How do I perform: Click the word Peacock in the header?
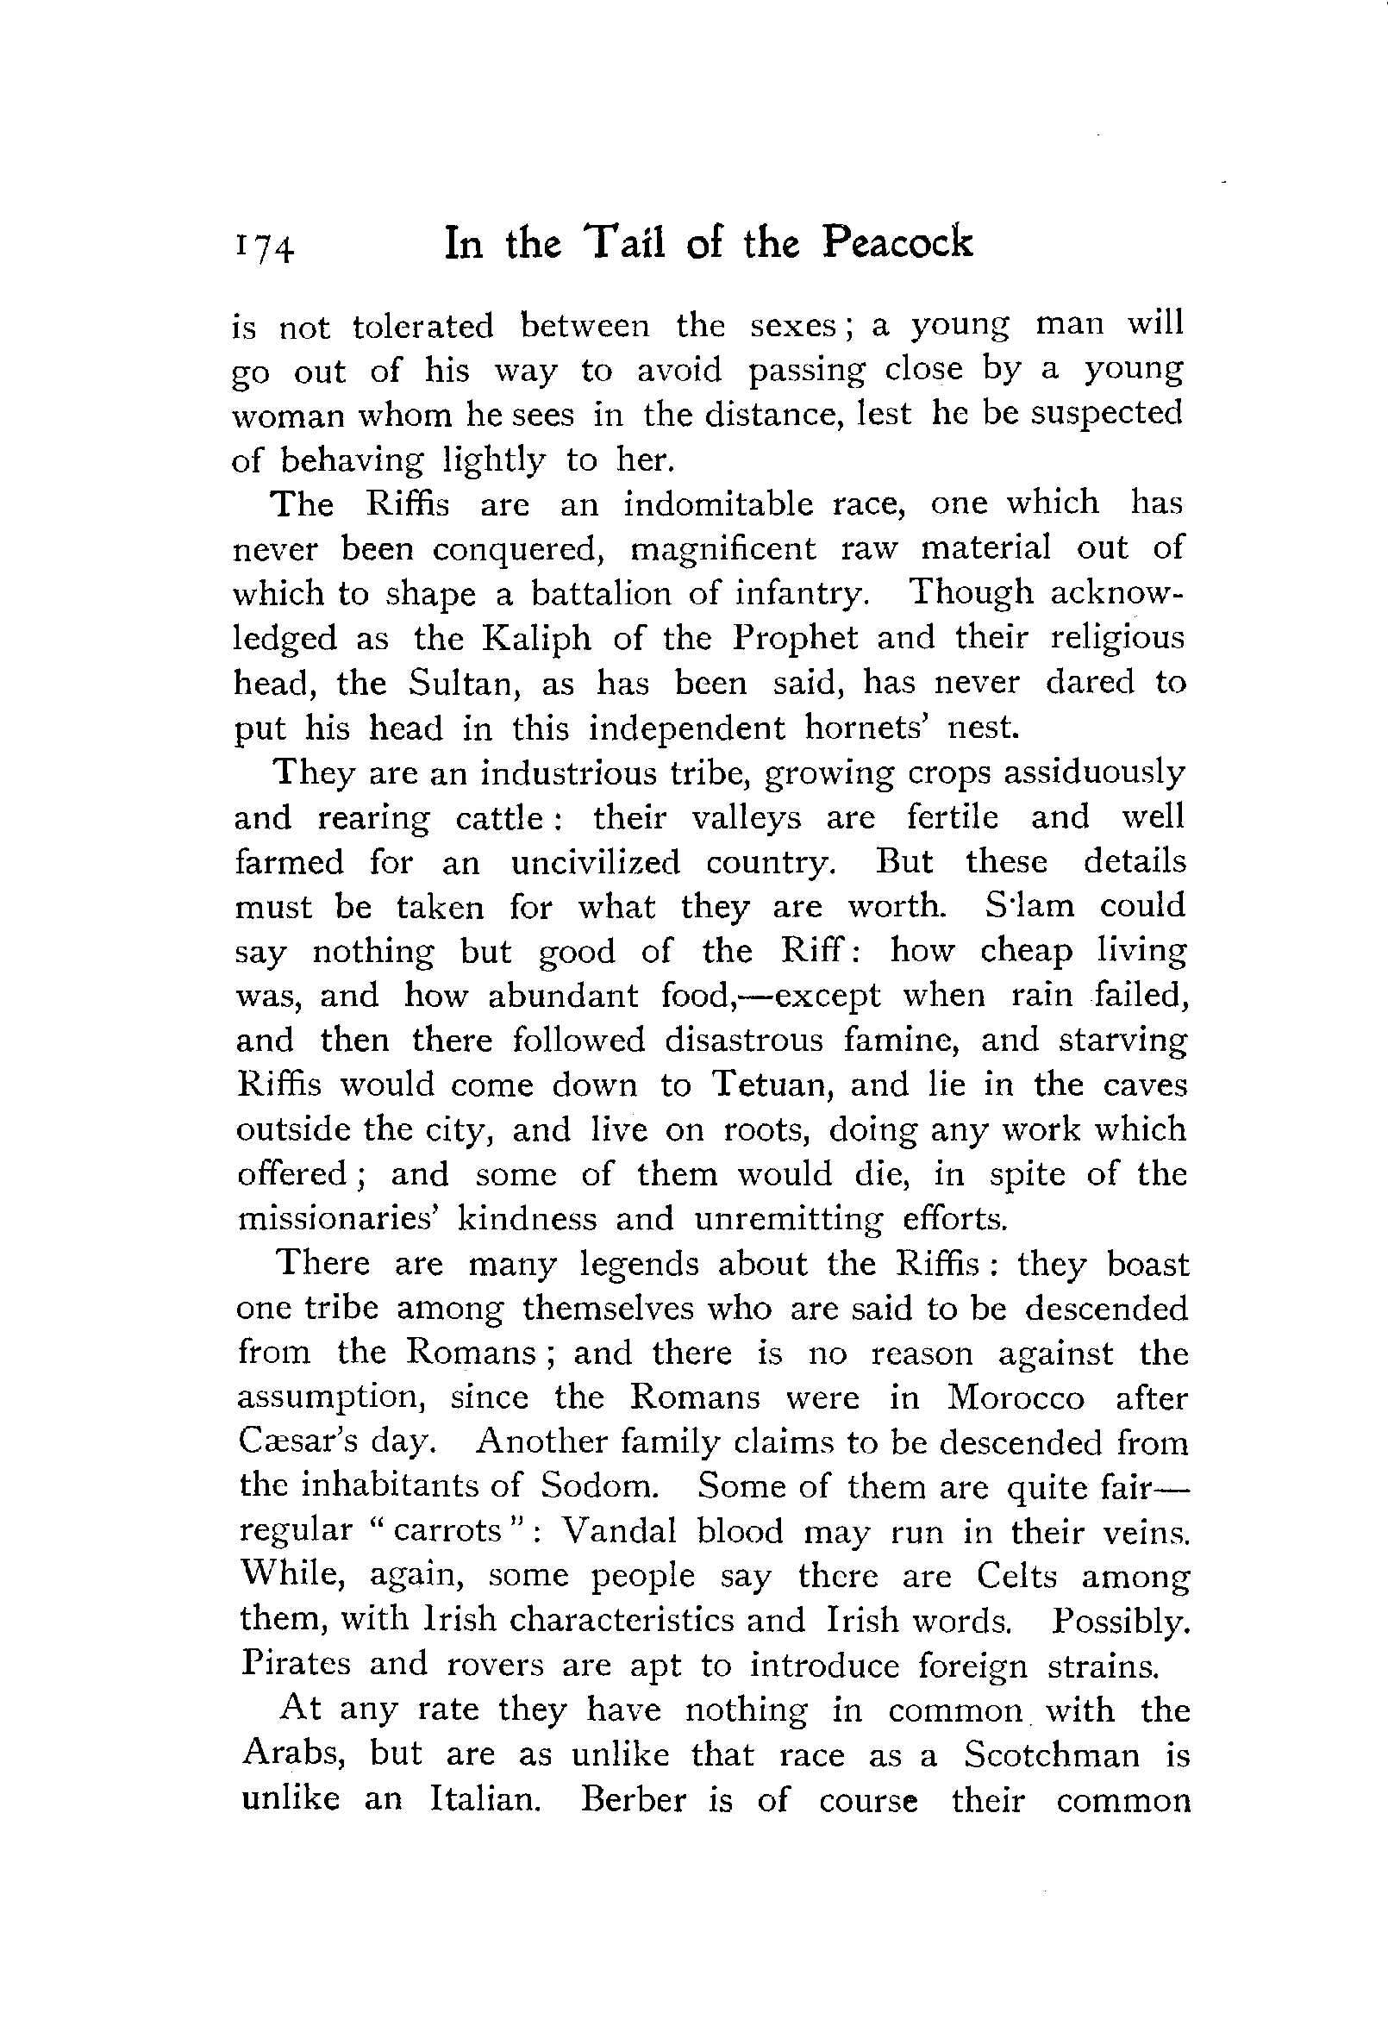[897, 243]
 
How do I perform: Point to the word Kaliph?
[536, 639]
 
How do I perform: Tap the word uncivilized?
[596, 863]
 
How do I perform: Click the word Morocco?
[1016, 1397]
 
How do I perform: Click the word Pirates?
[296, 1665]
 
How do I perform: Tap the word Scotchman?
[1052, 1754]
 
